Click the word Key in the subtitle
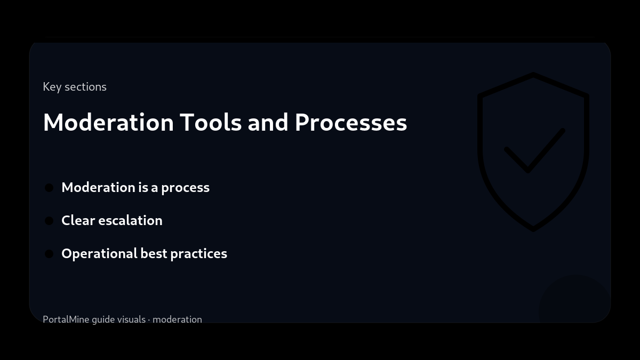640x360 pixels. (x=52, y=87)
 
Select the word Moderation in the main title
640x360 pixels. (x=108, y=122)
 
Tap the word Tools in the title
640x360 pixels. (x=210, y=122)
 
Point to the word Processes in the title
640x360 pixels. (x=350, y=122)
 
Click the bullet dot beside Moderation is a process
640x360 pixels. (x=49, y=188)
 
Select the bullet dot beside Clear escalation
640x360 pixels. (x=49, y=221)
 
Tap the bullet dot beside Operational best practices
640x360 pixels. (x=49, y=254)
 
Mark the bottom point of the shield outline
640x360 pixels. (x=533, y=229)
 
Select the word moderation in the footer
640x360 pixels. (x=177, y=319)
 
